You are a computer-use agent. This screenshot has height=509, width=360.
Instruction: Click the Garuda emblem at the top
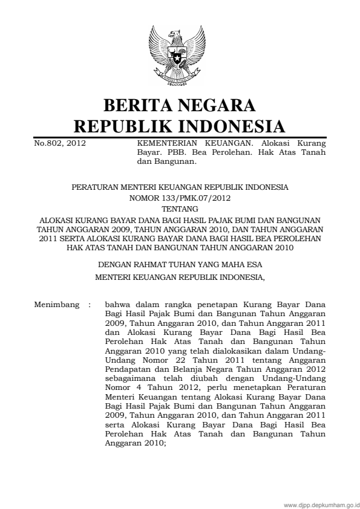click(x=180, y=55)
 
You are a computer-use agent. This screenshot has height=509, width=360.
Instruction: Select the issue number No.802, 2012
click(x=59, y=144)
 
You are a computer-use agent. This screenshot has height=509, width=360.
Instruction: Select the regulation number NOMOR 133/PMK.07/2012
click(x=180, y=198)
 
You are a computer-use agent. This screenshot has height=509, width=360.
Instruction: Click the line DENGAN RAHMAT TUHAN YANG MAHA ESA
click(x=180, y=264)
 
